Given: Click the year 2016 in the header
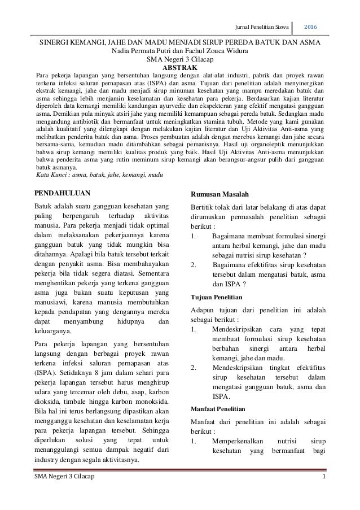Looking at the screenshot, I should pyautogui.click(x=314, y=26).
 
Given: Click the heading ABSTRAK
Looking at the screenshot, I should pyautogui.click(x=179, y=67).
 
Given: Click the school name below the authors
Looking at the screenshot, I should pyautogui.click(x=179, y=58).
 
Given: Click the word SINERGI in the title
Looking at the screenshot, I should pyautogui.click(x=56, y=42).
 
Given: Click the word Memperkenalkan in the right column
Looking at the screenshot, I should pyautogui.click(x=239, y=441).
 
